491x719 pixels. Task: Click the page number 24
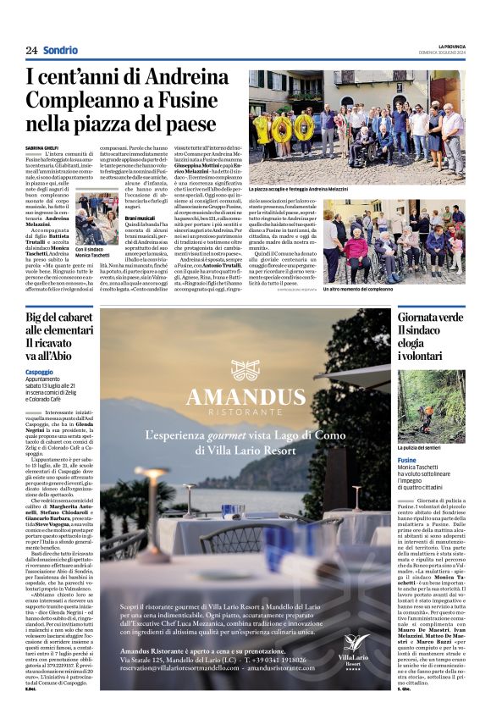tap(31, 50)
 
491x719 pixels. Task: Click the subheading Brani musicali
tap(139, 218)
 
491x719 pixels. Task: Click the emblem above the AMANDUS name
tap(244, 370)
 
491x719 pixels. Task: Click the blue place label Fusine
tap(406, 460)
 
